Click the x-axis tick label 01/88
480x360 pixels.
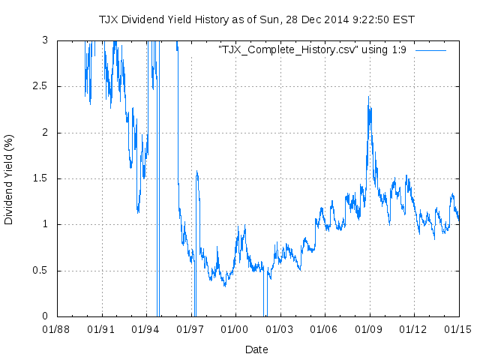[57, 328]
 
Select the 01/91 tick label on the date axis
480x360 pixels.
[101, 328]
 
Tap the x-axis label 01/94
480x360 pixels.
[146, 328]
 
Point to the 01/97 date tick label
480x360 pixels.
[190, 328]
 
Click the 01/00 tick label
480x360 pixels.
[235, 328]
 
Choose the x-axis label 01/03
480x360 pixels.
[280, 328]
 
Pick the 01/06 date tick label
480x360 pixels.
[324, 328]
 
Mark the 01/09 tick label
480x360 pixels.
[369, 328]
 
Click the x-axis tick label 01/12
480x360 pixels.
[413, 328]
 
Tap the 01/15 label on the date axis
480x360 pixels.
[458, 328]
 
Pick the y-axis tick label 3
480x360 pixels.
[46, 40]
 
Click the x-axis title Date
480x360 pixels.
[256, 349]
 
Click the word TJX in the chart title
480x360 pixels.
[109, 19]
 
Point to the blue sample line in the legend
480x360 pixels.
[430, 49]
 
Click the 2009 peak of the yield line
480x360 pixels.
[368, 97]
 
